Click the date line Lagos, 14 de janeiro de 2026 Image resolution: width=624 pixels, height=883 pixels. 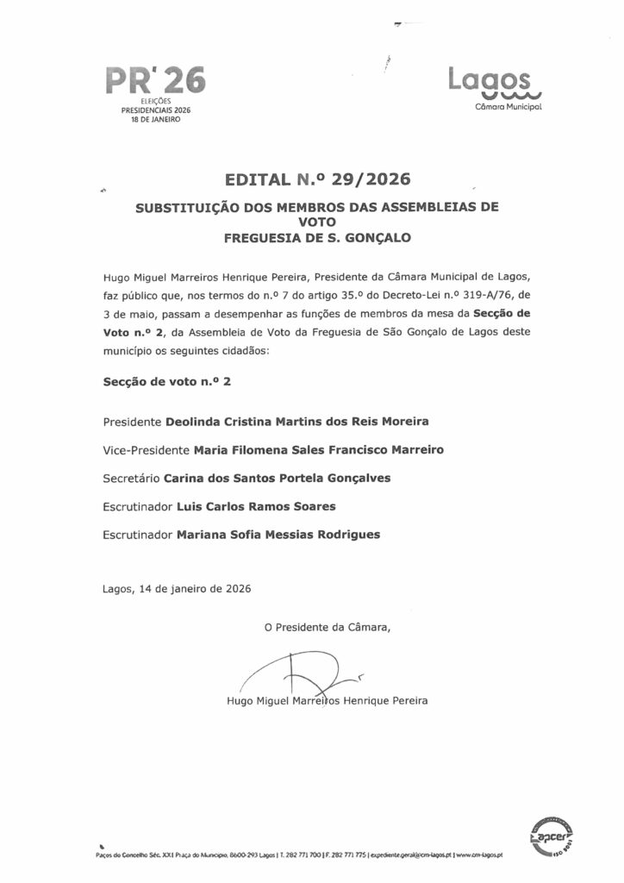(x=176, y=590)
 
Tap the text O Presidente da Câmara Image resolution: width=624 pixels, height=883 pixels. (x=328, y=628)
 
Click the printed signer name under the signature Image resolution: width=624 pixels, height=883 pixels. (x=325, y=700)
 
